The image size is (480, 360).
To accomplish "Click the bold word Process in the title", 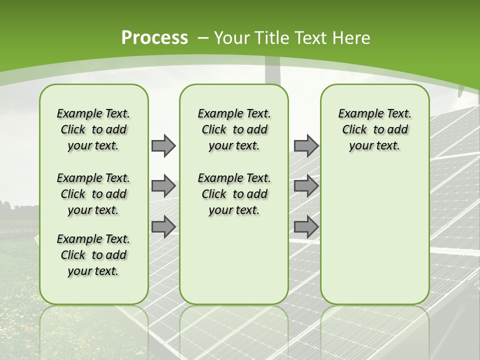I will coord(154,37).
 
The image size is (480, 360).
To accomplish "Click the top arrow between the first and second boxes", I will coord(163,145).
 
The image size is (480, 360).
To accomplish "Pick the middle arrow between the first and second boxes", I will coord(163,186).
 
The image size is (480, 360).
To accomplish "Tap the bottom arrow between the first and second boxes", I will coord(163,226).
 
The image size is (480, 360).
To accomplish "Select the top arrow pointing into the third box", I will coord(306,145).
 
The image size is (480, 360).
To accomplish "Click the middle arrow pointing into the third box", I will coord(306,186).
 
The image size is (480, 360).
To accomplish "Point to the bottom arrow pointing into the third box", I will coord(306,226).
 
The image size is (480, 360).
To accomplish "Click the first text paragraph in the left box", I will coord(93,129).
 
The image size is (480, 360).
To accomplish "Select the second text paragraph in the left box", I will coord(93,194).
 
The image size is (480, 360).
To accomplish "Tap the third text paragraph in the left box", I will coord(93,255).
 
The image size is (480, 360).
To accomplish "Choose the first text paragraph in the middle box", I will coord(234,129).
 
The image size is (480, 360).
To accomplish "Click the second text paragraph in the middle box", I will coord(234,194).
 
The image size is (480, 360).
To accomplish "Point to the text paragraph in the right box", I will coord(374,129).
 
